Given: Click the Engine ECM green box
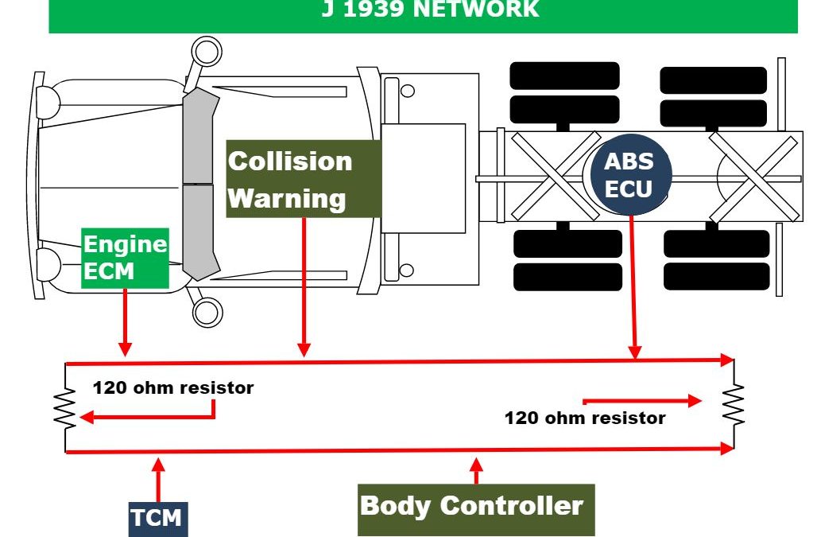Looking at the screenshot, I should (x=125, y=258).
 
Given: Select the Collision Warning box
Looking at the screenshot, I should (x=304, y=179).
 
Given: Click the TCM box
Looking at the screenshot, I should (x=158, y=519).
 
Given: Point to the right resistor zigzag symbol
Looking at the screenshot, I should (x=734, y=404).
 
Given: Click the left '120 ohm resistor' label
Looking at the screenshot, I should (x=173, y=388).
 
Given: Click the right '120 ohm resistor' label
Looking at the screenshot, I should (x=585, y=418).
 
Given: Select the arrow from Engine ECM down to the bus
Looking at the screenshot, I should (x=125, y=321).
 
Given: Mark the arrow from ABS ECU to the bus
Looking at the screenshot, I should (x=632, y=286).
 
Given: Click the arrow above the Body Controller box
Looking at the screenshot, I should (x=476, y=469).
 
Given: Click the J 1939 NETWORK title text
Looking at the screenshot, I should (x=430, y=10).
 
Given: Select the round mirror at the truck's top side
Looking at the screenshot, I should (x=207, y=53).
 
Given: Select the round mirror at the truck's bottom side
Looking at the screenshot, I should (x=207, y=312).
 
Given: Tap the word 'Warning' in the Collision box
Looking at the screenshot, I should (x=287, y=198).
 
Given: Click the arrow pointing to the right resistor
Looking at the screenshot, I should (x=642, y=400).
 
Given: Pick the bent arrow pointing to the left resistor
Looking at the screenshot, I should (x=151, y=415).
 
